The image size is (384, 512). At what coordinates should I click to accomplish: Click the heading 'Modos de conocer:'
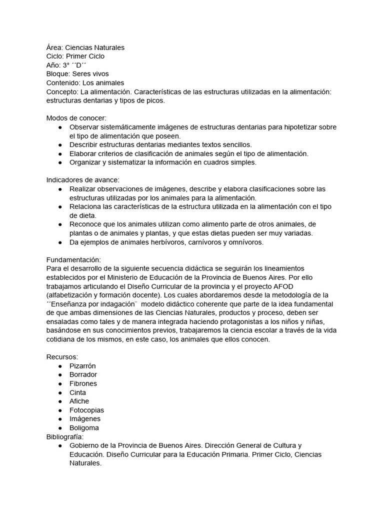76,118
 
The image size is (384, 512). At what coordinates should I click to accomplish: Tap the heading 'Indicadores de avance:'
82,180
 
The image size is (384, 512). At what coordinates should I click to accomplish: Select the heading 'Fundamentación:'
73,260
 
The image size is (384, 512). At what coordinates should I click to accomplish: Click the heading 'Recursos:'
62,357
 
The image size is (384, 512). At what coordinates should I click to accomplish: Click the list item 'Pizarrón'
82,366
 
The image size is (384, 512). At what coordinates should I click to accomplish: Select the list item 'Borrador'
83,374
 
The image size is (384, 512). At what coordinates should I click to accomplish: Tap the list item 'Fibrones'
83,383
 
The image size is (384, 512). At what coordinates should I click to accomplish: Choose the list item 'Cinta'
77,392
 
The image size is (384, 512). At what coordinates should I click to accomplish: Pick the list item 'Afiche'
79,401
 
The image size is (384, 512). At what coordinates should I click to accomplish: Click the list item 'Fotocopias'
86,410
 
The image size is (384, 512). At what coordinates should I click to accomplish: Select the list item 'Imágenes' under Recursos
84,419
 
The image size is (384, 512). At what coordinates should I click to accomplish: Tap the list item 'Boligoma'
84,428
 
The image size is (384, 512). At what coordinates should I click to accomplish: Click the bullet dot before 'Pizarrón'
60,366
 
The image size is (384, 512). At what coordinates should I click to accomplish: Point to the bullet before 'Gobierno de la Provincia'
60,445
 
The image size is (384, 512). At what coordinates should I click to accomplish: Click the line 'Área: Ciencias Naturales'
85,47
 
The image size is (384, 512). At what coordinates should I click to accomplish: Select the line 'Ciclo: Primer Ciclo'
75,56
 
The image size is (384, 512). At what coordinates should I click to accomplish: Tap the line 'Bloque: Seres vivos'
77,74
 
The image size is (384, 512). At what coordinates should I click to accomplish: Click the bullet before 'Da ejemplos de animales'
60,242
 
